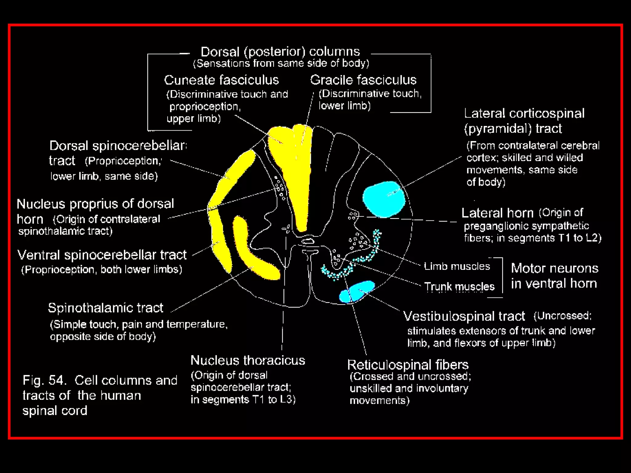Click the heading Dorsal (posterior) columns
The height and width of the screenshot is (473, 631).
click(x=280, y=52)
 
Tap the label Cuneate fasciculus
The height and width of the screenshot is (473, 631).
click(x=221, y=80)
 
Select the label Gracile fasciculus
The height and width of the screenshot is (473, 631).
click(x=363, y=80)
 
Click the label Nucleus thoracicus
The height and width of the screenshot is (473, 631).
click(x=248, y=360)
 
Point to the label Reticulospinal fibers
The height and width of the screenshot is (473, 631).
click(x=408, y=365)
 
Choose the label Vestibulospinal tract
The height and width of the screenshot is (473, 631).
click(x=464, y=316)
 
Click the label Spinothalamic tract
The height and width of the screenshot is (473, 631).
click(x=105, y=308)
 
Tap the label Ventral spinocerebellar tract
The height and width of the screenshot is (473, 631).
click(x=102, y=255)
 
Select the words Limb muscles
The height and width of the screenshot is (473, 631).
click(x=457, y=266)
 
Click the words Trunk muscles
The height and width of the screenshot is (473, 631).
click(x=459, y=287)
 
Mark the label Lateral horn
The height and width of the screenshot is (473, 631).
click(x=497, y=213)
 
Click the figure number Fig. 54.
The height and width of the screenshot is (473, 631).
click(x=44, y=380)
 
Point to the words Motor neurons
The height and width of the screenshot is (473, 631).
click(x=555, y=269)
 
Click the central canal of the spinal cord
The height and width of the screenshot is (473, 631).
click(x=307, y=241)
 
